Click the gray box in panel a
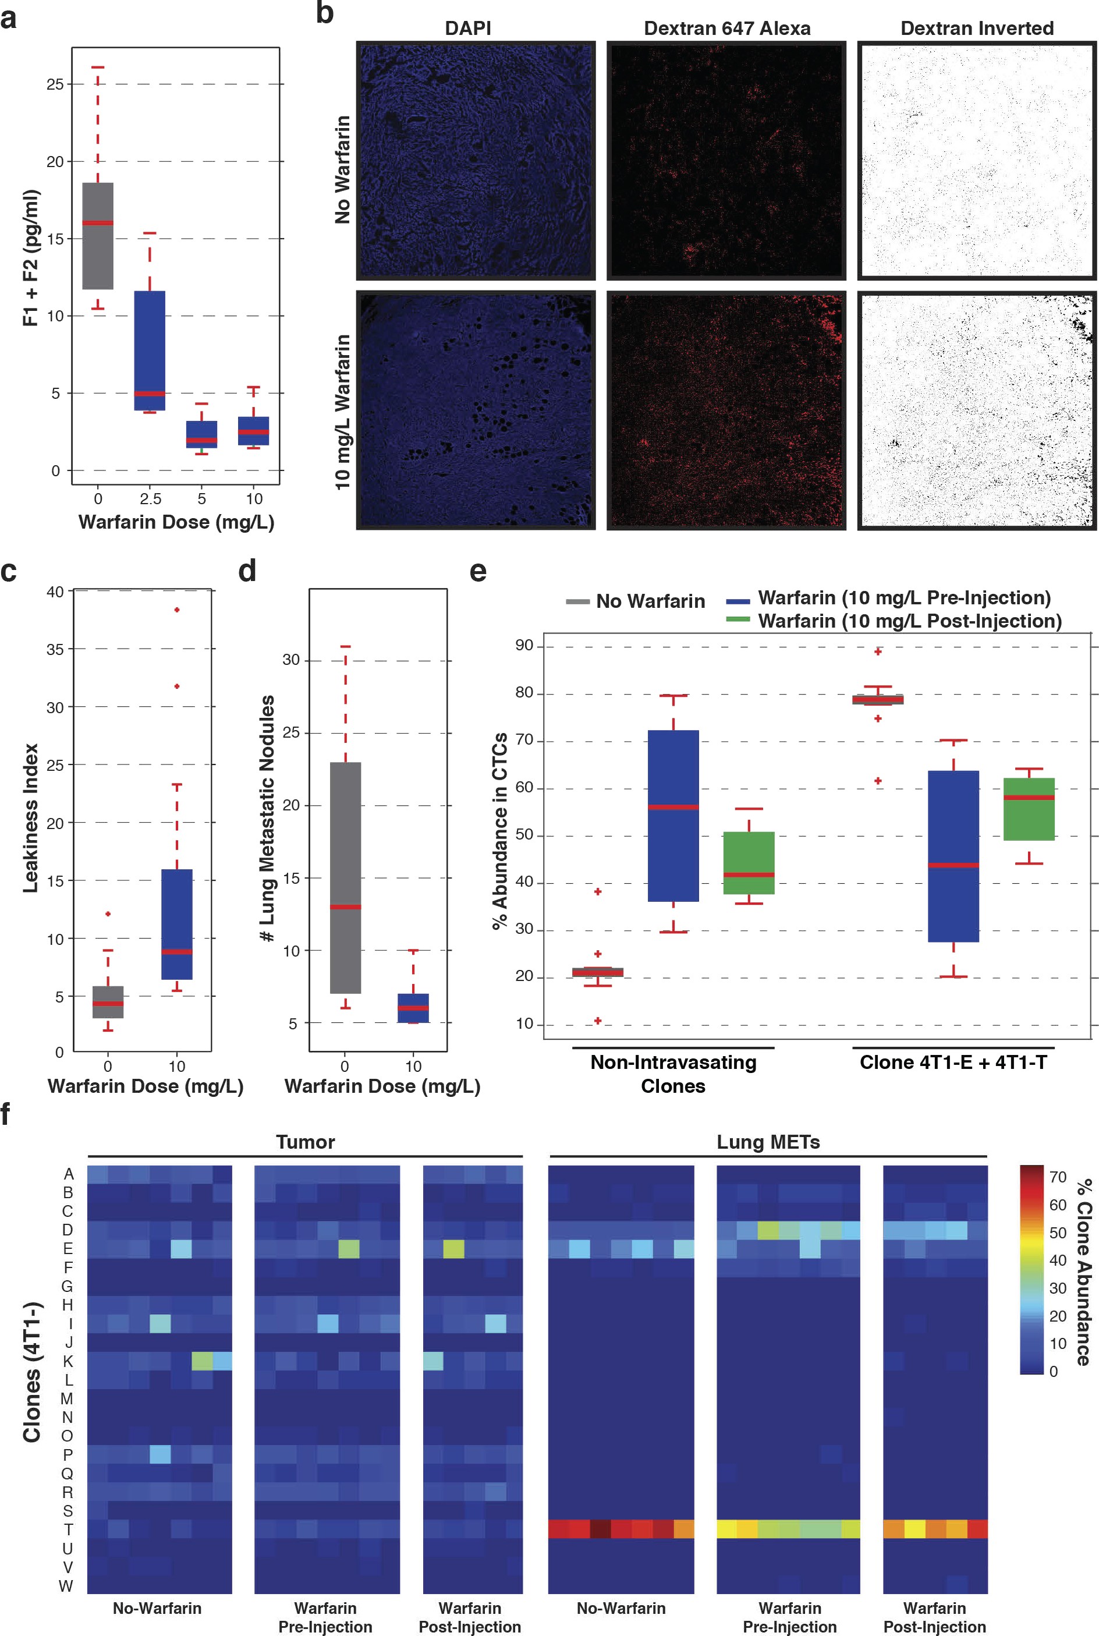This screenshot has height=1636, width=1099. click(x=97, y=236)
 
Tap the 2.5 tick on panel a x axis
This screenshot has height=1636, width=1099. click(x=150, y=499)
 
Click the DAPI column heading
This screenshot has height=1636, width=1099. click(x=467, y=28)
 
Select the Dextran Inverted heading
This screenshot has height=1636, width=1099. click(x=976, y=28)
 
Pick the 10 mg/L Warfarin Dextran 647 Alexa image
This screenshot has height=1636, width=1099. click(x=726, y=409)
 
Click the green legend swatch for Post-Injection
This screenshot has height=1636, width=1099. click(x=738, y=619)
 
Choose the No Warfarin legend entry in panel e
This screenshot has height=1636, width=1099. click(x=635, y=601)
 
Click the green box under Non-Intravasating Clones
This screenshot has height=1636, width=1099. click(x=749, y=862)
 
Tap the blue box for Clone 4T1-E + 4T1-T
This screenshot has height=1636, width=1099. click(x=953, y=856)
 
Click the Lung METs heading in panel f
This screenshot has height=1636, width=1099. click(x=768, y=1142)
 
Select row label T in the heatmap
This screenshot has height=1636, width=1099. click(x=68, y=1529)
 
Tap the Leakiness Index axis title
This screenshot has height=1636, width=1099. click(x=30, y=817)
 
